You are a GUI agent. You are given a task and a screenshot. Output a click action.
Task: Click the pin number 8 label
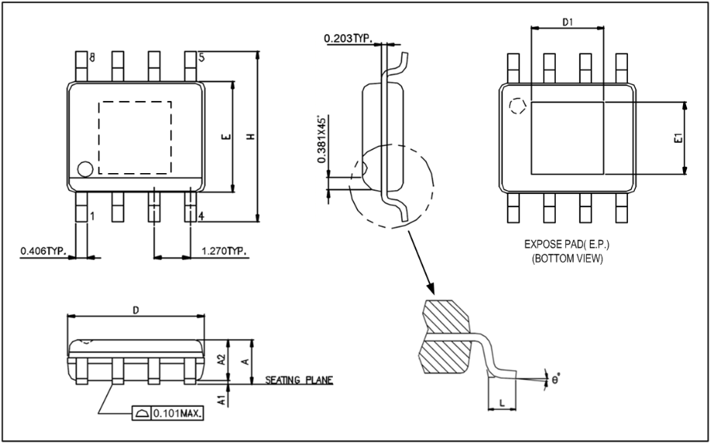coord(92,58)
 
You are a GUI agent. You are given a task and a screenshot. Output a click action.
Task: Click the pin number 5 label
coord(201,57)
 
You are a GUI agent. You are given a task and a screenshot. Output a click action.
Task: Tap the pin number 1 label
coord(92,217)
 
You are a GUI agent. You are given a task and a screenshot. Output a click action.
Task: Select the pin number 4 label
coord(201,216)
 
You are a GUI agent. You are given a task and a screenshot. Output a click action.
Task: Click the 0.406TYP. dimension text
coord(43,251)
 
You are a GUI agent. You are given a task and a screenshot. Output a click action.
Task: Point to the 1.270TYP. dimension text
coord(224,251)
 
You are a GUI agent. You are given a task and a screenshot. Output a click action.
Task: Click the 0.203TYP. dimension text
coord(348,38)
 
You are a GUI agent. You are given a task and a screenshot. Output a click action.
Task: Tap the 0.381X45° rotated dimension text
coord(321,140)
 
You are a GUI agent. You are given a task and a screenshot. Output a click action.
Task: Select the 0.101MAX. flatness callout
coord(178,413)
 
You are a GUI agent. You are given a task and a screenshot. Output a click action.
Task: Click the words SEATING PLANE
coord(299,380)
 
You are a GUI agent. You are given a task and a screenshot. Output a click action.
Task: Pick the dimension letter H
coord(250,136)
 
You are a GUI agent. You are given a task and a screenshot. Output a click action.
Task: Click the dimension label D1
coord(567,23)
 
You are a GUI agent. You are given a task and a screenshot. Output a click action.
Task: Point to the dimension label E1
coord(677,139)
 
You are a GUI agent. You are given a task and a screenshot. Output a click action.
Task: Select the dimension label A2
coord(220,359)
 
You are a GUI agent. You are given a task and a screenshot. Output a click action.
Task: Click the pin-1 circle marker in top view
coord(85,168)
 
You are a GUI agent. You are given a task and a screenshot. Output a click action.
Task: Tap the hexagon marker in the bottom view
coord(516,108)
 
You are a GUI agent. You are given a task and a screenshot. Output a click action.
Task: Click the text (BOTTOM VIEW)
coord(567,258)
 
